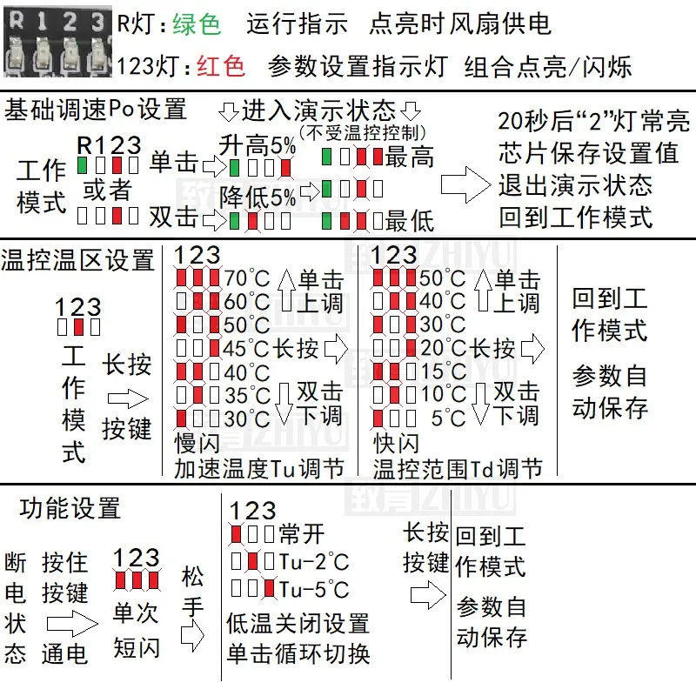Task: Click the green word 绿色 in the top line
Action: [197, 23]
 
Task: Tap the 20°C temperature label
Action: [443, 349]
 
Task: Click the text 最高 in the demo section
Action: [409, 157]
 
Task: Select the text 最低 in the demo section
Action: [409, 220]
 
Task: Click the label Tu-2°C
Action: [314, 561]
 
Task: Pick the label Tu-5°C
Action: [314, 591]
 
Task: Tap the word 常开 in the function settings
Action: [302, 532]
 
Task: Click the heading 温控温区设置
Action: [78, 259]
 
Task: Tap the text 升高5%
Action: [257, 146]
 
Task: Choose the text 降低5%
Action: [257, 195]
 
